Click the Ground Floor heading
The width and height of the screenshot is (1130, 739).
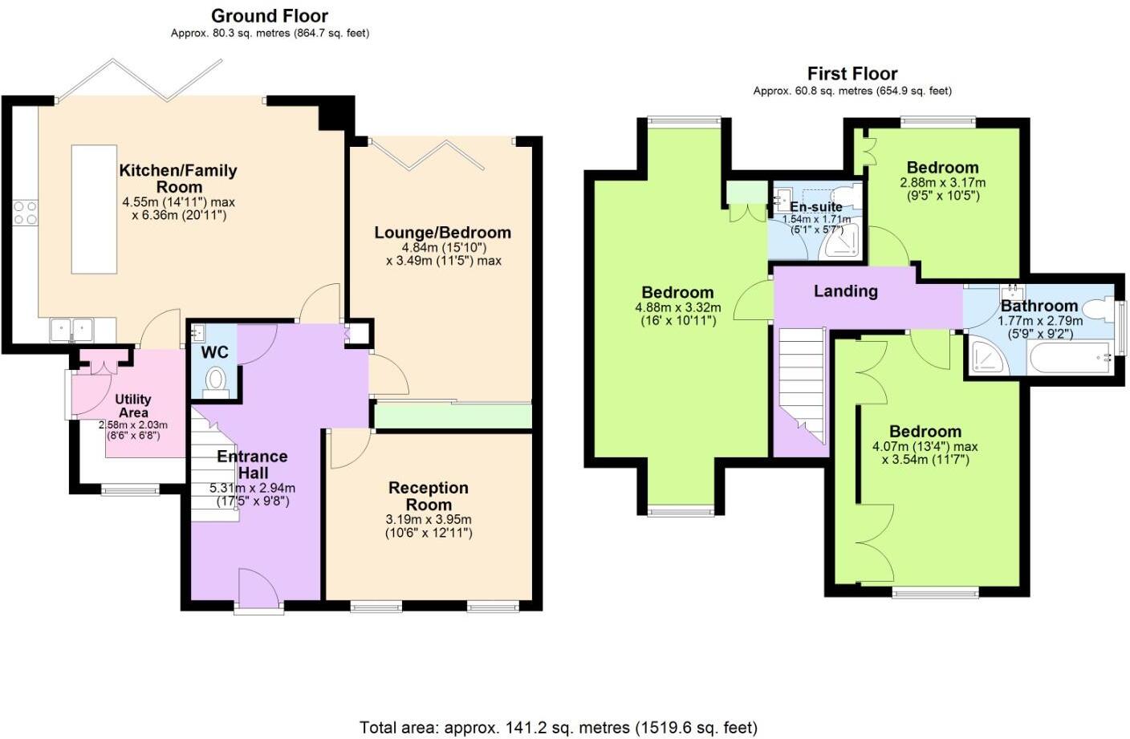pyautogui.click(x=270, y=15)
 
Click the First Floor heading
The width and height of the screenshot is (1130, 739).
pyautogui.click(x=852, y=74)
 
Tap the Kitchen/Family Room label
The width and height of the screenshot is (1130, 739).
pyautogui.click(x=178, y=178)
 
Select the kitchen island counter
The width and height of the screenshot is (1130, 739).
pyautogui.click(x=94, y=209)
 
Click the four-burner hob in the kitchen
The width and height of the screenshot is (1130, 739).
pyautogui.click(x=25, y=213)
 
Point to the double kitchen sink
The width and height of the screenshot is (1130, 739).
pyautogui.click(x=71, y=329)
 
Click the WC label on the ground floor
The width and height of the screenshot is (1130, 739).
pyautogui.click(x=214, y=352)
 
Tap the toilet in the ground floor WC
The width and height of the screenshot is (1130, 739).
pyautogui.click(x=216, y=380)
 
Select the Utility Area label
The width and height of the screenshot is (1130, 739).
pyautogui.click(x=132, y=405)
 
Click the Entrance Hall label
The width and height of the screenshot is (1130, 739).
pyautogui.click(x=252, y=465)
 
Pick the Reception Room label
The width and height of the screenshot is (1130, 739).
pyautogui.click(x=429, y=496)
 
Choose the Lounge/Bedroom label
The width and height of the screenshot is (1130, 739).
pyautogui.click(x=442, y=233)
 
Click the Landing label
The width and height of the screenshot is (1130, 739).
pyautogui.click(x=845, y=291)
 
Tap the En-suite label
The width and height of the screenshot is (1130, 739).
pyautogui.click(x=815, y=207)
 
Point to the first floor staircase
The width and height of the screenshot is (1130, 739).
pyautogui.click(x=802, y=385)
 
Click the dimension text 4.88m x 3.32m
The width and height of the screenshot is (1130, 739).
pyautogui.click(x=677, y=307)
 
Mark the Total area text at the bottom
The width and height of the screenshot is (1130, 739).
pyautogui.click(x=558, y=728)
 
